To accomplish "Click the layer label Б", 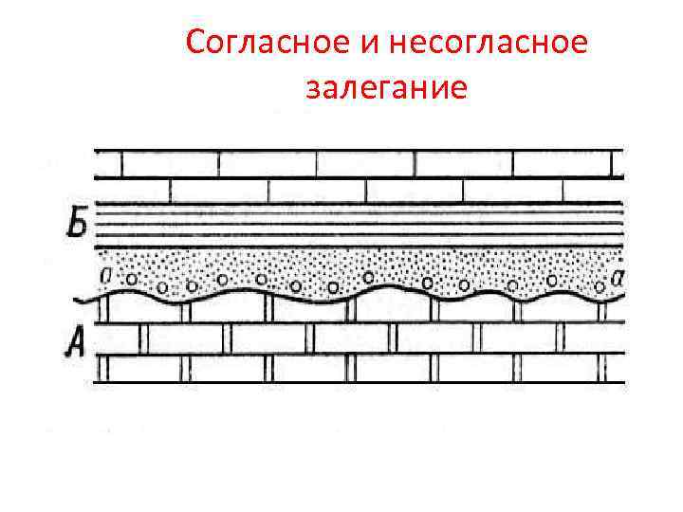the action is click(78, 227).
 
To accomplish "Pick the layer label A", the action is click(75, 339).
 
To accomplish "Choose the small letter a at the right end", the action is click(618, 276).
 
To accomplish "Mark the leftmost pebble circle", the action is click(133, 280).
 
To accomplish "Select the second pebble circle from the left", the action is click(163, 287).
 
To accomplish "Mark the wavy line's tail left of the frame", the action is click(83, 301).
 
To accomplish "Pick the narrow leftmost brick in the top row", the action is click(108, 164).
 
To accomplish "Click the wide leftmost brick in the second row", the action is click(133, 191).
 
